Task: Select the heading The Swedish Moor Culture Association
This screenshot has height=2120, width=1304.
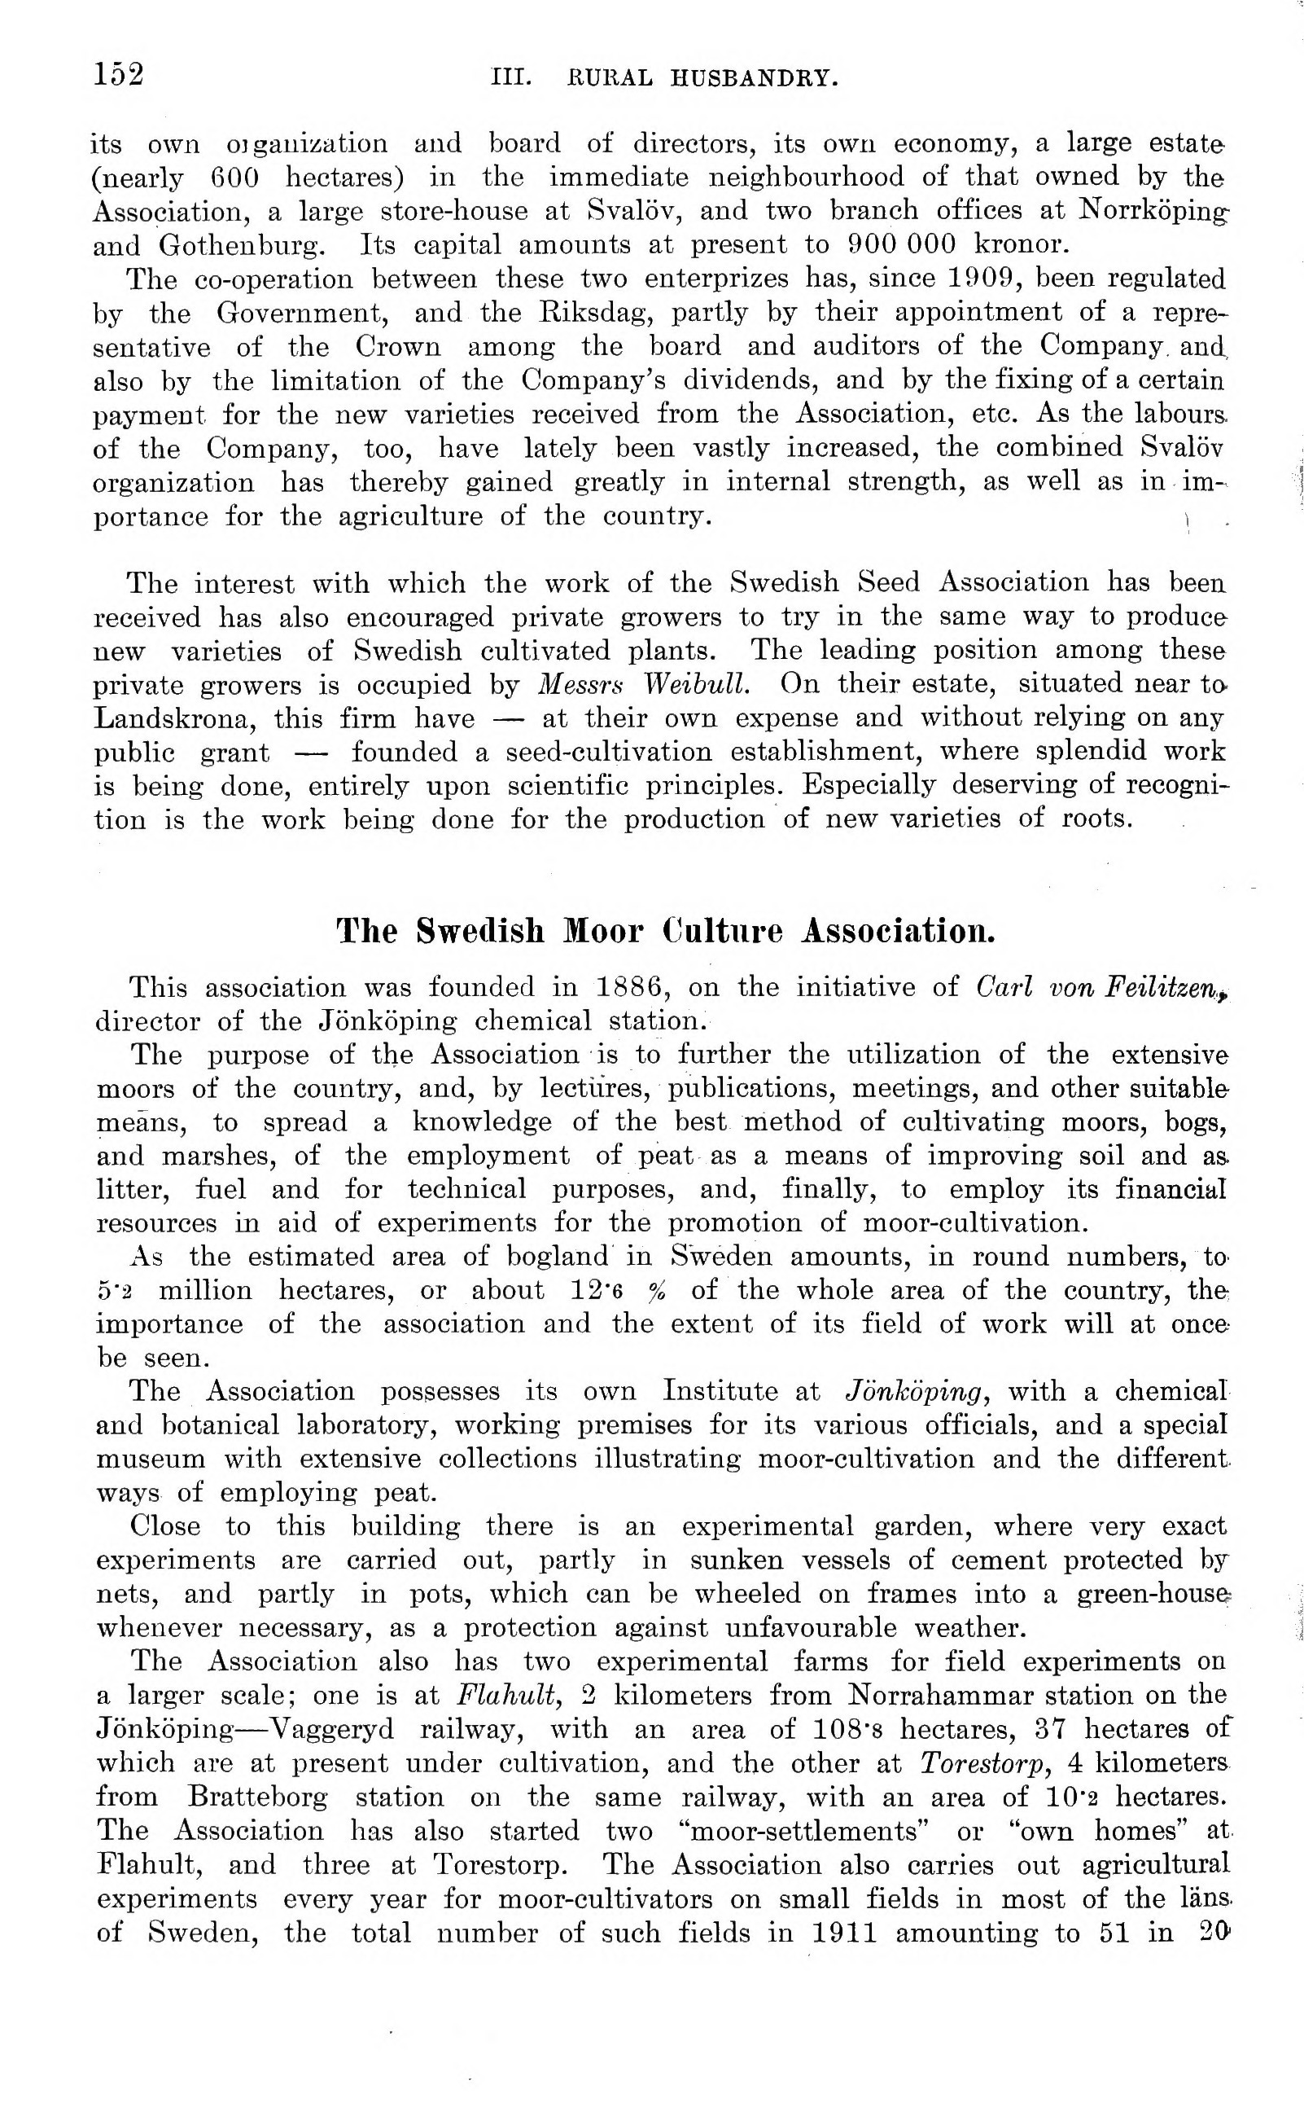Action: (665, 931)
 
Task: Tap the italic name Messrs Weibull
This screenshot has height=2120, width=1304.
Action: (643, 684)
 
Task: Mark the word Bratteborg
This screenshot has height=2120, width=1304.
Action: (258, 1797)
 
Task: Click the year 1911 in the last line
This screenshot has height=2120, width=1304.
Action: (844, 1933)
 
